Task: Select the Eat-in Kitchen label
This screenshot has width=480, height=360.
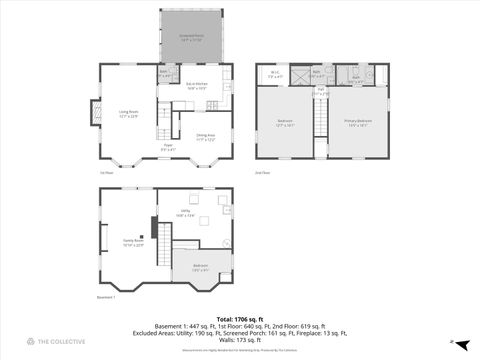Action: click(196, 86)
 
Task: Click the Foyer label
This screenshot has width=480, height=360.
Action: click(169, 148)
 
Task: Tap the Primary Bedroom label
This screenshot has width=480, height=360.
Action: click(358, 124)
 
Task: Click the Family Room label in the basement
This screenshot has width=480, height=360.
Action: click(134, 241)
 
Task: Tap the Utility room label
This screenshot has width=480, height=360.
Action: click(185, 213)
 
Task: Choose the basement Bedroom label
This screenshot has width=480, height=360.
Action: click(200, 267)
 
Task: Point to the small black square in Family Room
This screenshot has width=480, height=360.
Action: click(153, 226)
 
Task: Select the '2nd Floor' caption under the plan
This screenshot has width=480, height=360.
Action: click(262, 173)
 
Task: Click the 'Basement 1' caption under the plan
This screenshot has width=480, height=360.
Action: click(107, 297)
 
